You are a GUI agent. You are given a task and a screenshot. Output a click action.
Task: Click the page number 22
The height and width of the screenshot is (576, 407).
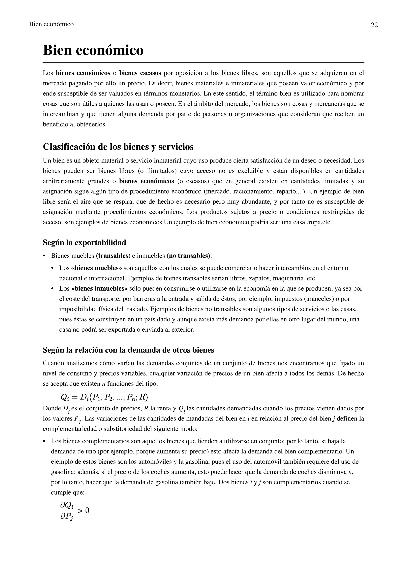click(x=374, y=25)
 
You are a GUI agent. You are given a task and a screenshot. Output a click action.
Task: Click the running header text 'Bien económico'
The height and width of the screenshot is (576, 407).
click(x=51, y=24)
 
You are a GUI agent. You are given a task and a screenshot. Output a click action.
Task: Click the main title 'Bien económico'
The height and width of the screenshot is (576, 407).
click(x=93, y=50)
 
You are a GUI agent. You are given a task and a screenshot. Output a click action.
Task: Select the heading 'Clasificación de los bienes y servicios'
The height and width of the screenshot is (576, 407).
click(x=118, y=147)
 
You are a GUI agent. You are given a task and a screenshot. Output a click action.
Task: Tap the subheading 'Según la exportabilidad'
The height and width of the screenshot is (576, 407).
click(x=84, y=243)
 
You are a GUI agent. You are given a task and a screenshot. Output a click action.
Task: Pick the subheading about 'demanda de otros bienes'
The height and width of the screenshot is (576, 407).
click(x=128, y=350)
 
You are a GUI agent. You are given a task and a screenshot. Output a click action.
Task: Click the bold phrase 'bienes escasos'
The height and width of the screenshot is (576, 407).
click(x=140, y=73)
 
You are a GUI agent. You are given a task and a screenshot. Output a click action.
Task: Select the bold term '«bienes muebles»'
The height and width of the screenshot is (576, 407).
click(x=97, y=268)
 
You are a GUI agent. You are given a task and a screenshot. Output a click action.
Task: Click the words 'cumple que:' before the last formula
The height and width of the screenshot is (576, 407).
click(x=68, y=492)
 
